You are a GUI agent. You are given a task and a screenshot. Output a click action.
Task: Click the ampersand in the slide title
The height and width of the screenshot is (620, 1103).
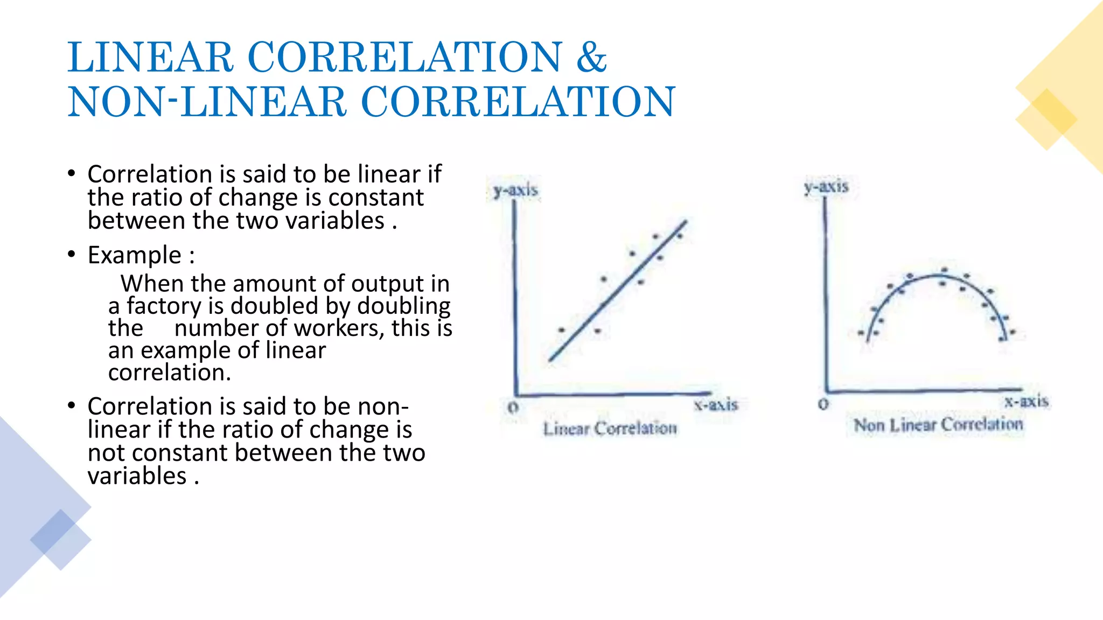tap(591, 57)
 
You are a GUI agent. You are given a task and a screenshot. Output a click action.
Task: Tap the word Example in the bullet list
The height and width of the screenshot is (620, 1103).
tap(134, 255)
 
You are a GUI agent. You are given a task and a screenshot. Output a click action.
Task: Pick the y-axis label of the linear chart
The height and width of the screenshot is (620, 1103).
tap(515, 190)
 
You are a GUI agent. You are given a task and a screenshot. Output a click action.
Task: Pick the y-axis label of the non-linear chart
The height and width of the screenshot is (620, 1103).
tap(826, 187)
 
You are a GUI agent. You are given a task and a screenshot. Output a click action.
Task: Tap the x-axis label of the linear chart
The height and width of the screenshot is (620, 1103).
tap(716, 405)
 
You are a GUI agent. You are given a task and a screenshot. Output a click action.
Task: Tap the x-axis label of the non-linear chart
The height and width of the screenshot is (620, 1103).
tap(1026, 401)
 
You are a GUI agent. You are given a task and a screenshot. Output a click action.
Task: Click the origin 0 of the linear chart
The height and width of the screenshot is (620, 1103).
tap(513, 408)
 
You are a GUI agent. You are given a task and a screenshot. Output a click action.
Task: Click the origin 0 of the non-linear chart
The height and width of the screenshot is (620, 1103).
tap(823, 404)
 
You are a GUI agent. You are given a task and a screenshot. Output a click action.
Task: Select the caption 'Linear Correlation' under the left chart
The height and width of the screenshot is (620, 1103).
tap(610, 429)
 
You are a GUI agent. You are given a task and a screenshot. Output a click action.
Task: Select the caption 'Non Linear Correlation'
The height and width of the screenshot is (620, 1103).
tap(938, 425)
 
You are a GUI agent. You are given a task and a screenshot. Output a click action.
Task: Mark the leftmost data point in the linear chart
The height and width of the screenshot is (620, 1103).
tap(561, 329)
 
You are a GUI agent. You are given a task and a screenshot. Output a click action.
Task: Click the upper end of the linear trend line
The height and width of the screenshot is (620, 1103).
tap(686, 221)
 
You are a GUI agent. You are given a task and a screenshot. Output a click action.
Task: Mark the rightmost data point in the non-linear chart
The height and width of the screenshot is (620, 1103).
tap(1013, 333)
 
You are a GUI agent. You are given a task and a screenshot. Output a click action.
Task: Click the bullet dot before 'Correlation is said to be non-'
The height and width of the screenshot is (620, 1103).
tap(72, 406)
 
